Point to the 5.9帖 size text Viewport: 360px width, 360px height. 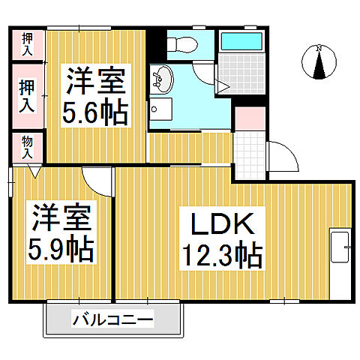click(62, 248)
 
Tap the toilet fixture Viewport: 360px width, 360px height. click(181, 44)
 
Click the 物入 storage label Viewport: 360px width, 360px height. click(27, 147)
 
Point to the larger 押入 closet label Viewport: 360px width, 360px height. click(27, 96)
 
